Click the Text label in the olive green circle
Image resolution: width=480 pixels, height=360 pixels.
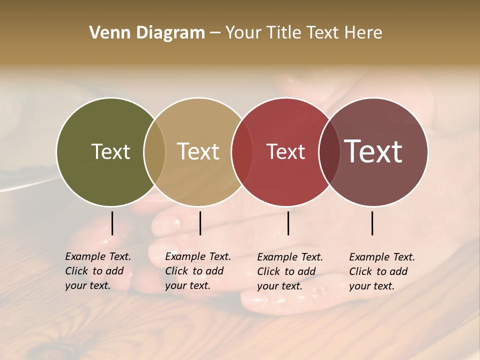click(110, 151)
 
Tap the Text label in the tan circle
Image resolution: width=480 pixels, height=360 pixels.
click(198, 151)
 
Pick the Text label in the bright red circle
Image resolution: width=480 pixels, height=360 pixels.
click(285, 151)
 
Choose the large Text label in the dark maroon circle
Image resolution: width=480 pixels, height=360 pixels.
click(373, 151)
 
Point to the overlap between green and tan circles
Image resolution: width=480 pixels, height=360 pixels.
click(154, 151)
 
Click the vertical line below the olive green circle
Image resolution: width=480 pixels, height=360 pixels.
click(112, 223)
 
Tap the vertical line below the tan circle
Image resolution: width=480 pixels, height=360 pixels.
click(200, 223)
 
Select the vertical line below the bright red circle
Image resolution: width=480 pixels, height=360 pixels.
click(288, 223)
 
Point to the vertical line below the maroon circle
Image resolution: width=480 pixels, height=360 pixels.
click(372, 223)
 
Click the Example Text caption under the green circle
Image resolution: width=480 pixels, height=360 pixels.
click(97, 271)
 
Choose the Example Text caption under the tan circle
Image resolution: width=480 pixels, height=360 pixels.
click(197, 271)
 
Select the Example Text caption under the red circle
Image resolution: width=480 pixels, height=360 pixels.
click(289, 271)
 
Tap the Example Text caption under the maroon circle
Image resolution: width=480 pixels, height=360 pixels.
click(381, 271)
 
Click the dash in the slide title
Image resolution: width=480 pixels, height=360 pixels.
click(215, 33)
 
